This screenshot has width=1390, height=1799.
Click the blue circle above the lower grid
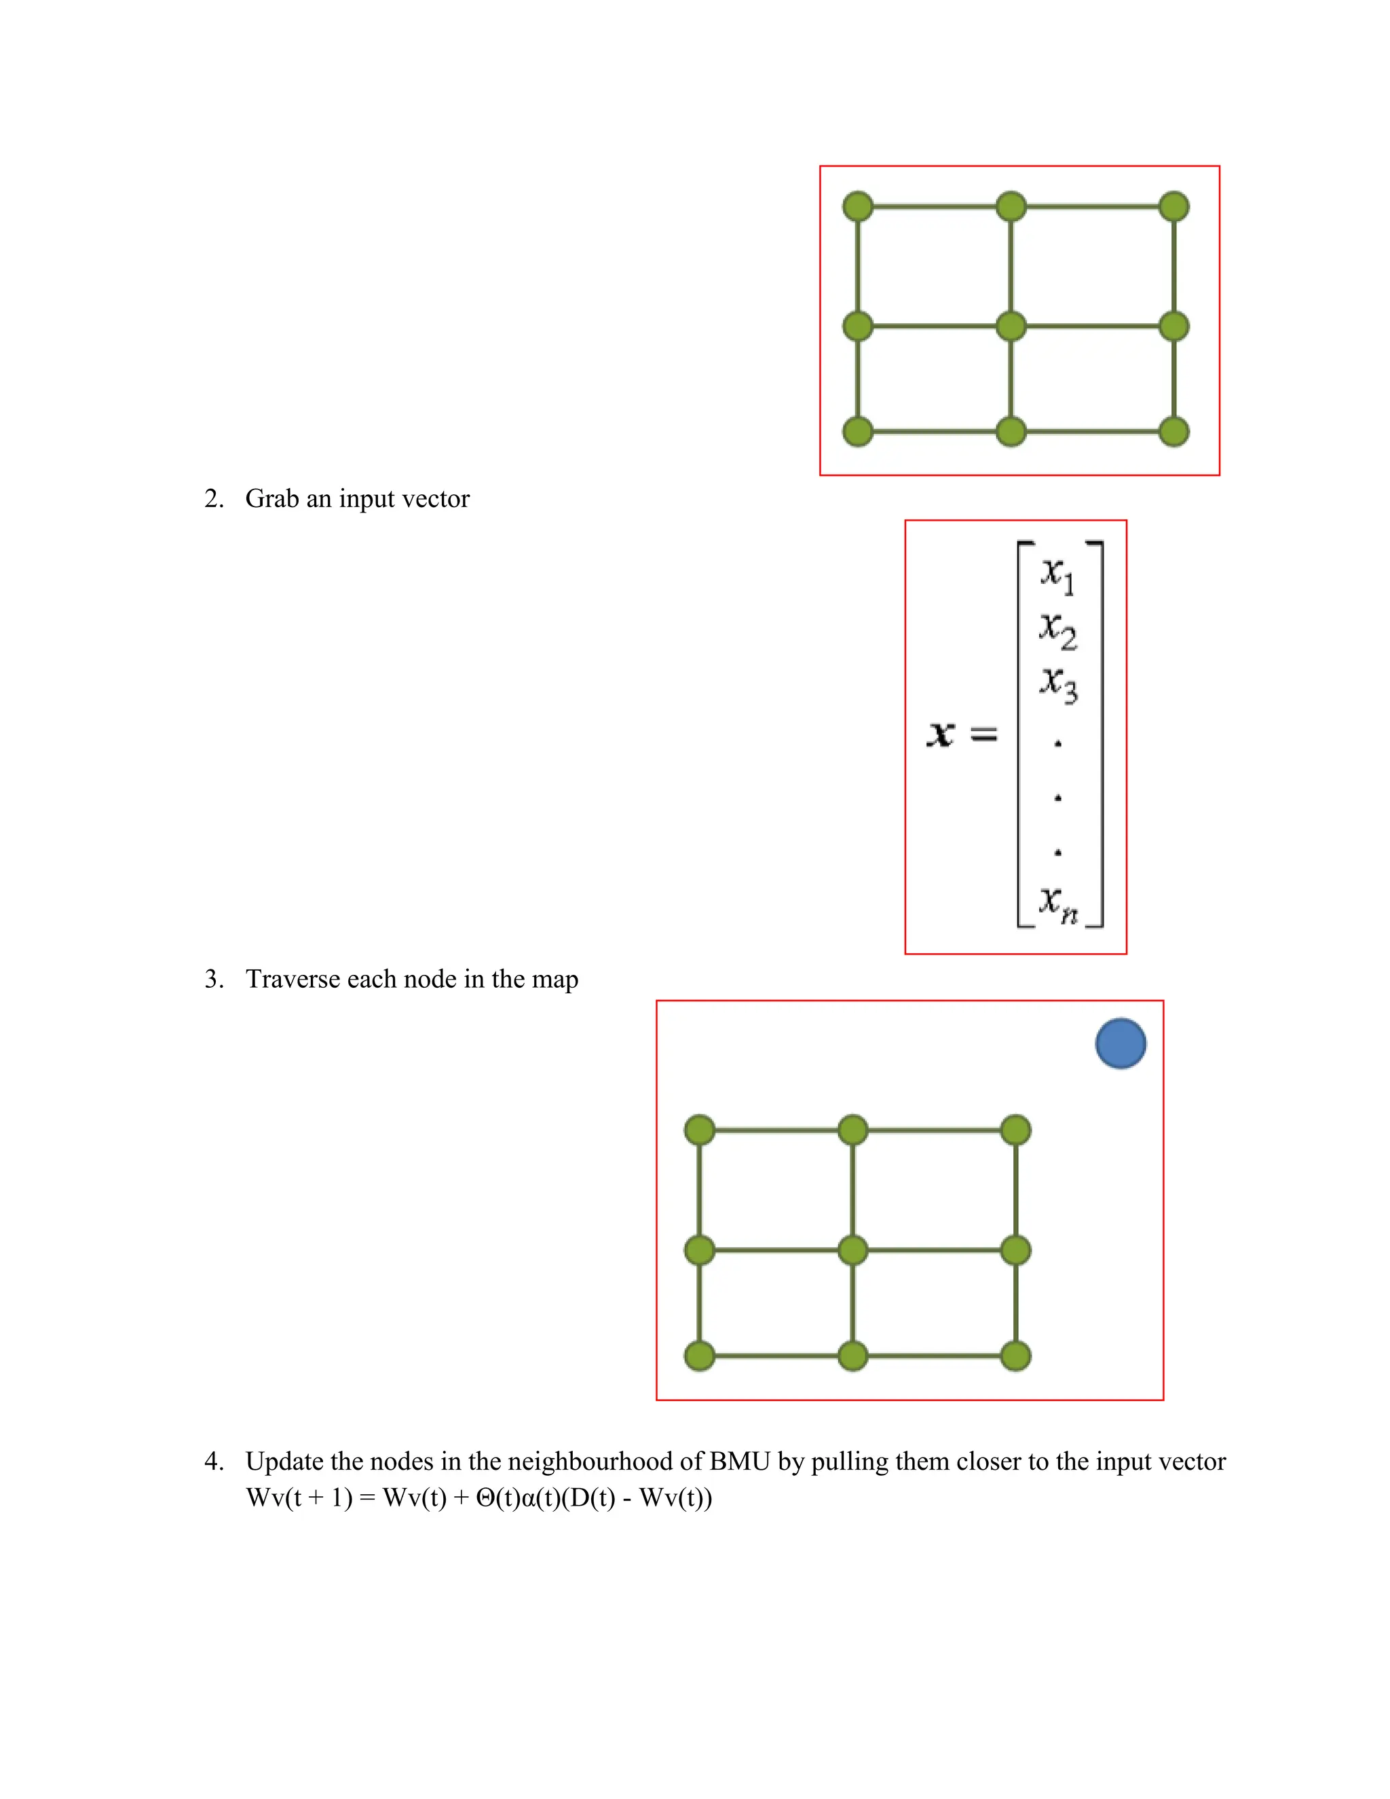(1121, 1043)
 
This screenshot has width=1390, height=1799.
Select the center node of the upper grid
(1011, 326)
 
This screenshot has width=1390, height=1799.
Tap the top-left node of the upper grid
(858, 206)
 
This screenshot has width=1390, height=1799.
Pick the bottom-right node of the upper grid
(1173, 431)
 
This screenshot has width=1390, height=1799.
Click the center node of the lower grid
(853, 1250)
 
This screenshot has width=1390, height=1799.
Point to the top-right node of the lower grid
(1015, 1130)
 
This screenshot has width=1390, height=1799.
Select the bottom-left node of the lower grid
(700, 1355)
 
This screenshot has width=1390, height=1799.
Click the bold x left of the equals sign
(941, 733)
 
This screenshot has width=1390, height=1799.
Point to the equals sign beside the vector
(984, 733)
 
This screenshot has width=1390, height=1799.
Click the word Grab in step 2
(271, 499)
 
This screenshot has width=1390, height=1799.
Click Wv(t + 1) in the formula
(299, 1498)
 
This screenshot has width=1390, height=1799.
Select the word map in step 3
(555, 980)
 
